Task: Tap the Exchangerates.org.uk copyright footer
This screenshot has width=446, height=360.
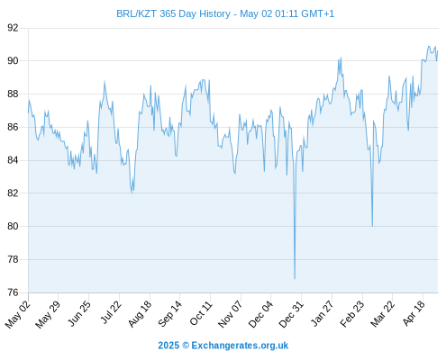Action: (x=223, y=346)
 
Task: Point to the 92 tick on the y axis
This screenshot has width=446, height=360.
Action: (x=13, y=28)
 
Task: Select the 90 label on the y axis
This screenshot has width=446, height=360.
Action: (x=13, y=61)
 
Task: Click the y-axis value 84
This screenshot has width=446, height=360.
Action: (x=13, y=160)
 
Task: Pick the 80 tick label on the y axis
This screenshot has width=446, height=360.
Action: (x=13, y=226)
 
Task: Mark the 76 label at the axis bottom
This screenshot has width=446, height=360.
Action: (x=13, y=292)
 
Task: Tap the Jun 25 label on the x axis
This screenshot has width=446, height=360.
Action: (x=78, y=313)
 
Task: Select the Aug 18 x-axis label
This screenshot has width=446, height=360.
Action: (x=140, y=314)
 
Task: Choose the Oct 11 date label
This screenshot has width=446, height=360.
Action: (x=201, y=313)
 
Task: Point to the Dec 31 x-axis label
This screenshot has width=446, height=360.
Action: (x=291, y=314)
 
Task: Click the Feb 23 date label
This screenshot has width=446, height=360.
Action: (x=352, y=314)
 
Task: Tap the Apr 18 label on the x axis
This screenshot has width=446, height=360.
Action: (x=414, y=313)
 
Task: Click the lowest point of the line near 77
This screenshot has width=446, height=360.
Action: (x=295, y=279)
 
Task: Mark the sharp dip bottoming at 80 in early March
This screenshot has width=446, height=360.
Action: (x=372, y=226)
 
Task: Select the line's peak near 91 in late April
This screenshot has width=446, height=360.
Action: (x=429, y=46)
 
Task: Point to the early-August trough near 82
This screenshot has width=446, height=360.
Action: (x=132, y=193)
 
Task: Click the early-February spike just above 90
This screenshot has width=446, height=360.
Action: (x=341, y=58)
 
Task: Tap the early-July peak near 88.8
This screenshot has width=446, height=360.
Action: (x=105, y=81)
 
